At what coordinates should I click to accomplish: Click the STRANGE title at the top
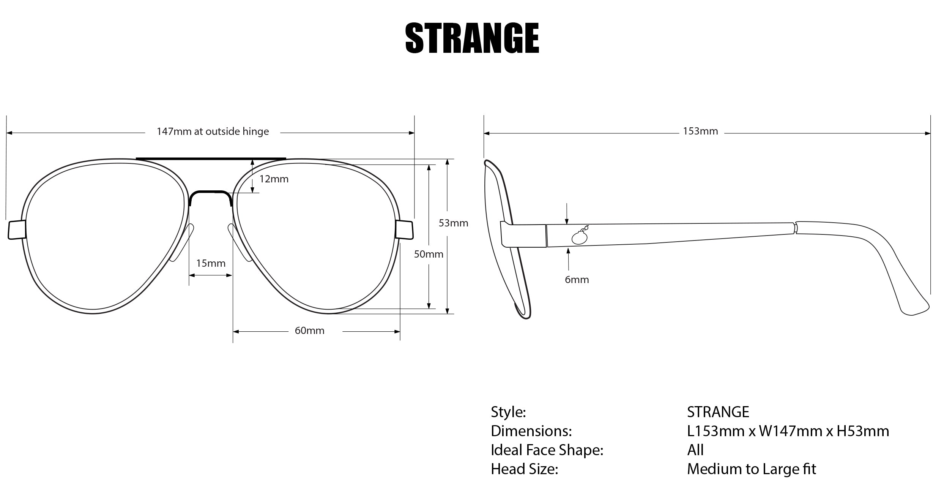[x=472, y=38]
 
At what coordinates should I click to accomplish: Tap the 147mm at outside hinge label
[x=213, y=131]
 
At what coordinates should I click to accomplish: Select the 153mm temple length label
[x=700, y=131]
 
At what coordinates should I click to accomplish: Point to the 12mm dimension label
[x=274, y=179]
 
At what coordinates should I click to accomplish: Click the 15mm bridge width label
[x=211, y=263]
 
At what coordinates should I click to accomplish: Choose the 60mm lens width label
[x=309, y=331]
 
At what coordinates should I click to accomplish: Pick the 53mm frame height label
[x=453, y=223]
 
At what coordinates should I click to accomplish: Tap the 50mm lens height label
[x=429, y=254]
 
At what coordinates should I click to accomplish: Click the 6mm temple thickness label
[x=577, y=280]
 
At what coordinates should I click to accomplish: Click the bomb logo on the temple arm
[x=580, y=236]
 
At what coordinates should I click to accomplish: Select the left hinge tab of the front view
[x=17, y=229]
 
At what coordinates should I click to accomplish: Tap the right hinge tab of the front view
[x=404, y=229]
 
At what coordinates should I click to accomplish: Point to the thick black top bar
[x=211, y=158]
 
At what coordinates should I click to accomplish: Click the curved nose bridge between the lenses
[x=210, y=192]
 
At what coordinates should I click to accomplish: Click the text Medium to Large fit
[x=751, y=469]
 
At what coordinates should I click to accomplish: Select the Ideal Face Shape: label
[x=547, y=450]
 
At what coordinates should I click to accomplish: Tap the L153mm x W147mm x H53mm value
[x=788, y=431]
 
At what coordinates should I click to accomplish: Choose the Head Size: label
[x=525, y=469]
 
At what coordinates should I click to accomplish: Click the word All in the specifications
[x=695, y=450]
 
